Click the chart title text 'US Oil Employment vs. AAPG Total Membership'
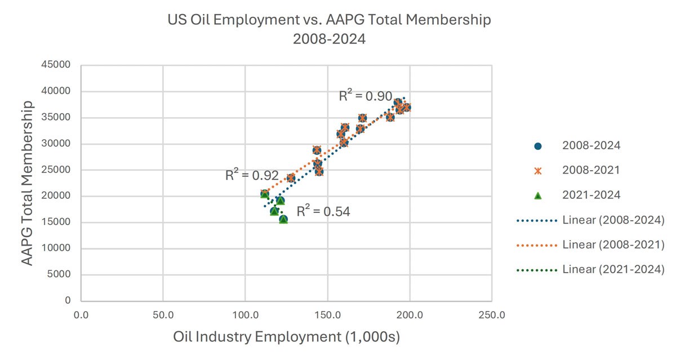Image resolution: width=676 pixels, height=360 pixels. point(330,20)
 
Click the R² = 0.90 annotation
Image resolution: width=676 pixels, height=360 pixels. point(365,96)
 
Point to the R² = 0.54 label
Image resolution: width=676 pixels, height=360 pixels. point(323,212)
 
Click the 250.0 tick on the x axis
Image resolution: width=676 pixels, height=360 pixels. point(491,314)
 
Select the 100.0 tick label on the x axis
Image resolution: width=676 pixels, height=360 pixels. point(245,314)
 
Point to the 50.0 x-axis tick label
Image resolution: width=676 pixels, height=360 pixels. point(163,314)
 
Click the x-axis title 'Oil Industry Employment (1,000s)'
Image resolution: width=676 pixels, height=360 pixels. point(286,337)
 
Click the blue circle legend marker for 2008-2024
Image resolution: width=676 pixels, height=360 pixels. point(537,146)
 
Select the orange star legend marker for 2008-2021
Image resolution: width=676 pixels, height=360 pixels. point(537,171)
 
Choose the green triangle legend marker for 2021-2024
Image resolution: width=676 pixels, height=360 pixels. point(537,195)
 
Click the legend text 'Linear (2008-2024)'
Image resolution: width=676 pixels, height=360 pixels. point(613,220)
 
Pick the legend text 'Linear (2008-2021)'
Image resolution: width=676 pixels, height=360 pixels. point(613,245)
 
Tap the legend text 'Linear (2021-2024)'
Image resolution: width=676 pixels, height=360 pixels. point(613,270)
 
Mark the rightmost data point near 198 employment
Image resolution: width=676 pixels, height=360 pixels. point(406,108)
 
